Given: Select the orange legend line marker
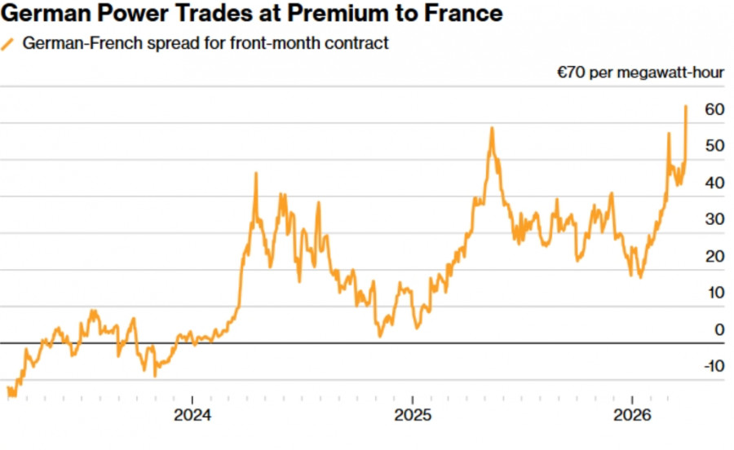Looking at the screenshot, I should (9, 43).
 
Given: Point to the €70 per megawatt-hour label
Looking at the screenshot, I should (640, 73).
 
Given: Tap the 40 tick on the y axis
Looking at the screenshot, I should (714, 183).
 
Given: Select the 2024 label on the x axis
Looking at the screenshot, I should (192, 415).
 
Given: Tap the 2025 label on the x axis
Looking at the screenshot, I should (412, 415).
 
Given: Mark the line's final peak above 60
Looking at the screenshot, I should (686, 106).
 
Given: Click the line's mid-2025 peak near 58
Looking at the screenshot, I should (492, 128).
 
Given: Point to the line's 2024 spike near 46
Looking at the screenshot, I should (256, 173).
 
